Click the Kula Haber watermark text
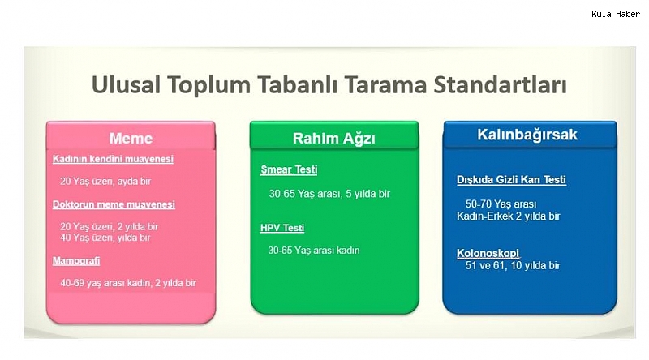coord(616,14)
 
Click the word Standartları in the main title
coord(500,85)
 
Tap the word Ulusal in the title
coord(126,85)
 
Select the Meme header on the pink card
coord(131,138)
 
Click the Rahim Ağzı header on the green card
coord(334,139)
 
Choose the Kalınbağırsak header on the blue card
coord(527,135)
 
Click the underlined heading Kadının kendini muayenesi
coord(113,159)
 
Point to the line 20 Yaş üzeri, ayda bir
coord(105,182)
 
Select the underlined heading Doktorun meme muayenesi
coord(114,204)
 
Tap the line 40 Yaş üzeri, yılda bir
coord(105,238)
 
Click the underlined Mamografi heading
coord(76,261)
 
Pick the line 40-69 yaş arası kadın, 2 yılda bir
coord(128,283)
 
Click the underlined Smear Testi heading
coord(289,169)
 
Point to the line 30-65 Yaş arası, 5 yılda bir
coord(329,194)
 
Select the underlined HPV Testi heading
coord(282,228)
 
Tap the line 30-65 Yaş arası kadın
coord(314,251)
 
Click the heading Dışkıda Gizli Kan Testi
coord(512,180)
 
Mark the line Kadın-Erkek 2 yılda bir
coord(509,216)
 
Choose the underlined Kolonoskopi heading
coord(488,253)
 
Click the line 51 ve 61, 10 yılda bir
coord(513,265)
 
